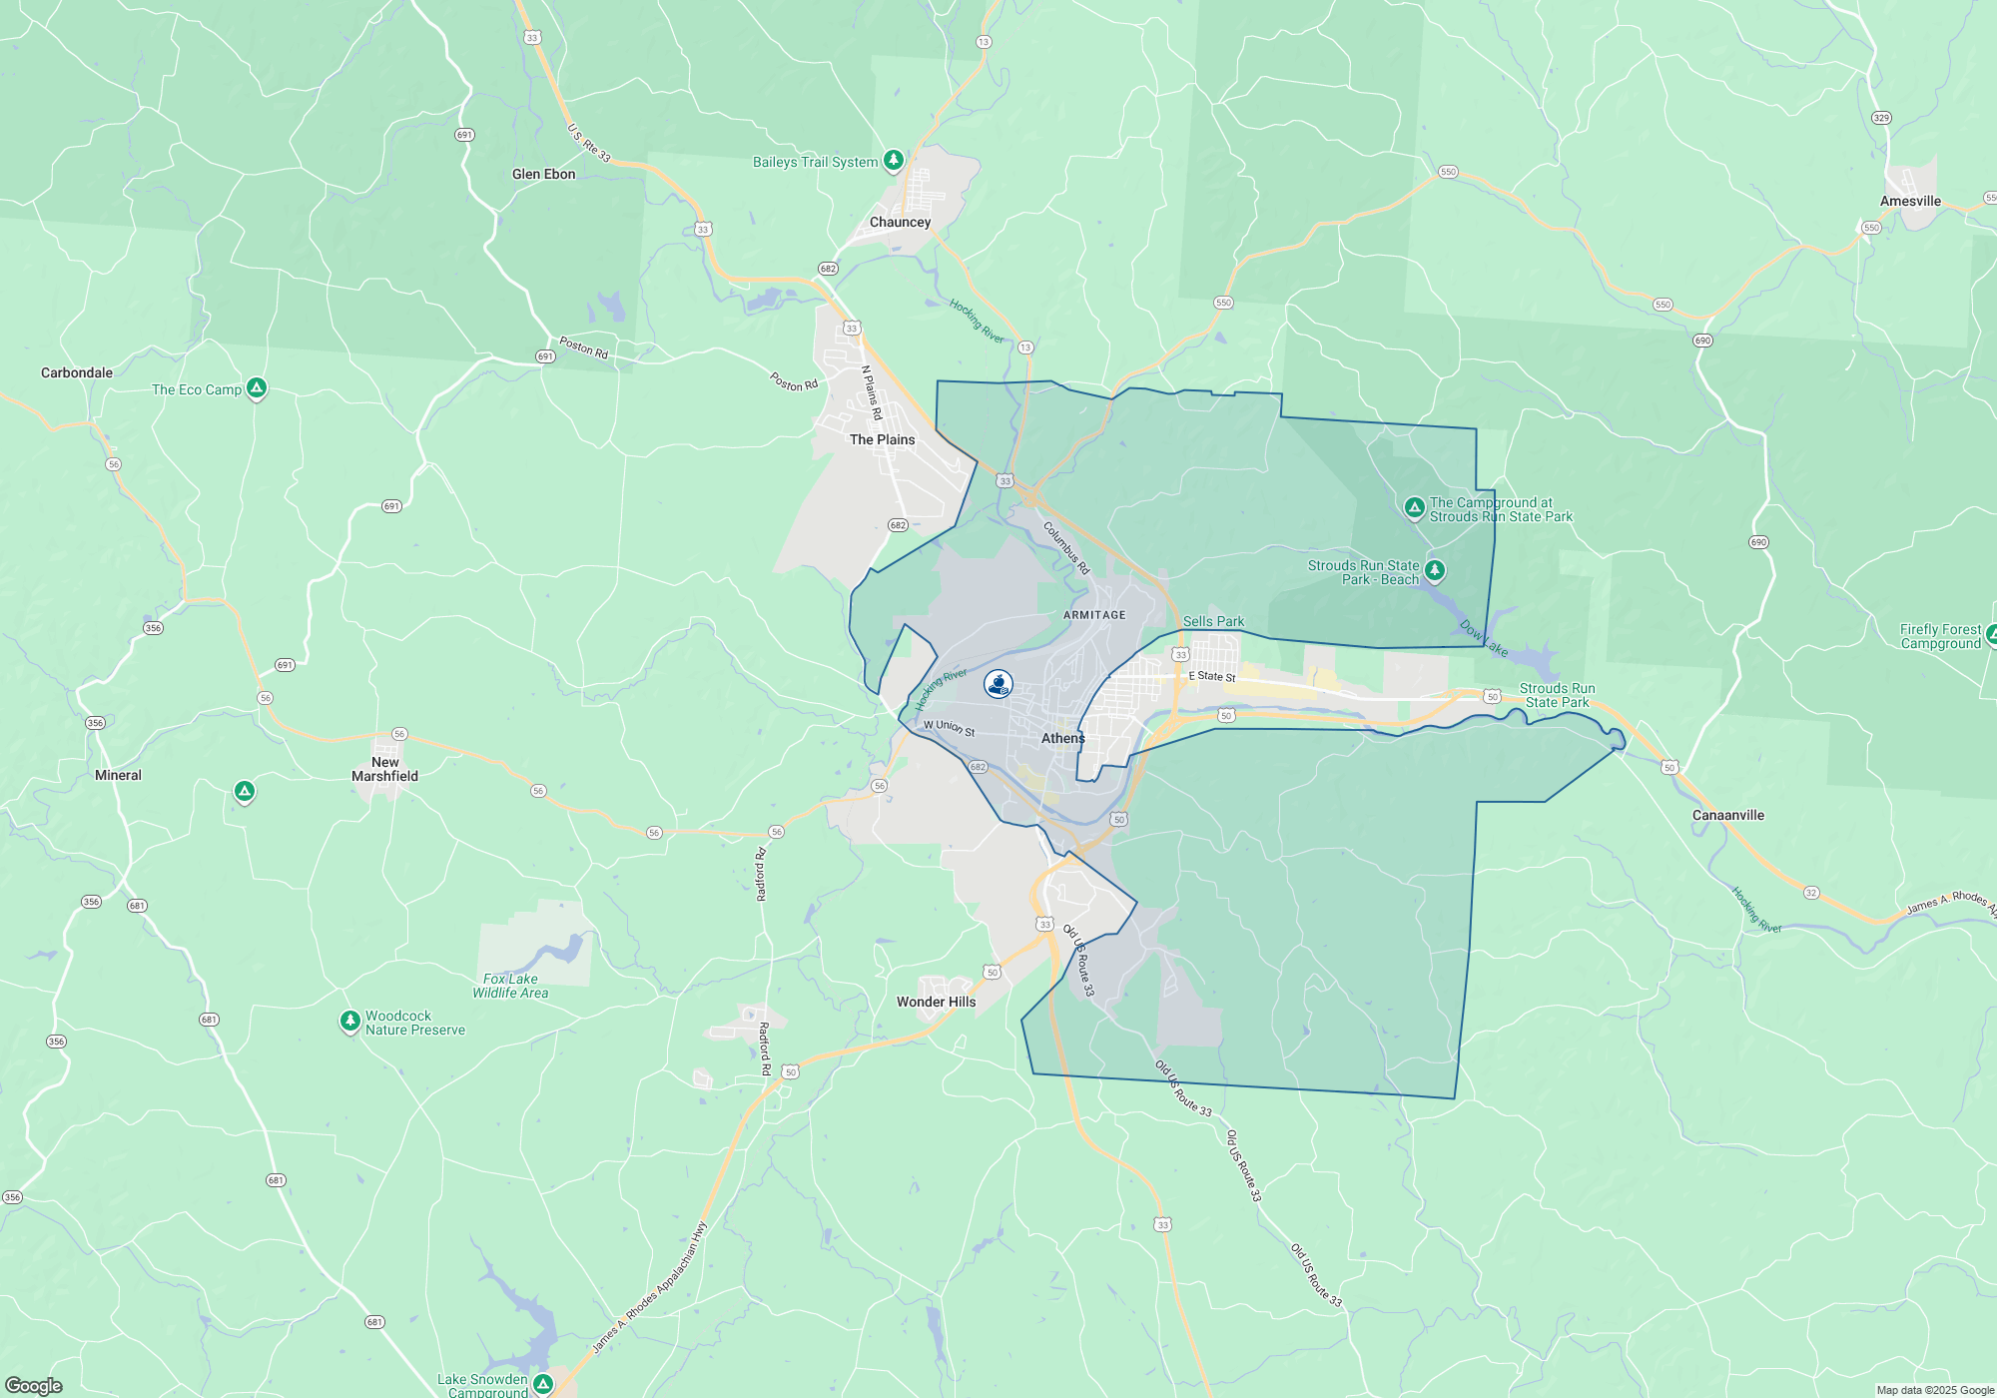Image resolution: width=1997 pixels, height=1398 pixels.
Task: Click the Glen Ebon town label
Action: tap(543, 174)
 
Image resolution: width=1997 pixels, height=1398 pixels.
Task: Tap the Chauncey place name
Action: tap(900, 222)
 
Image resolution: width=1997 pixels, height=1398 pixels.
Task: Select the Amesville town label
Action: tap(1910, 201)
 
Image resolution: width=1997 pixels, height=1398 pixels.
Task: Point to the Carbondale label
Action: tap(77, 372)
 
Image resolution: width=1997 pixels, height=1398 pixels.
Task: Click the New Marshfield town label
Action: tap(384, 769)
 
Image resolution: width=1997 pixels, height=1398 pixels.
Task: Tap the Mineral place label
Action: tap(118, 775)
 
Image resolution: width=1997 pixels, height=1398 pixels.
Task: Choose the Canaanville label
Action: tap(1727, 815)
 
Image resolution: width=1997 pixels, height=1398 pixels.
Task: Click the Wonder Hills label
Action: tap(936, 1002)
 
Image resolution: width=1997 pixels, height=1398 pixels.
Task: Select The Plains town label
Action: tap(882, 439)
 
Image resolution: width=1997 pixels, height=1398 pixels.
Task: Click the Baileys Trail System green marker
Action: tap(894, 160)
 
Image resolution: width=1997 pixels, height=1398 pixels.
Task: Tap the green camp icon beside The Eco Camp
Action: tap(257, 387)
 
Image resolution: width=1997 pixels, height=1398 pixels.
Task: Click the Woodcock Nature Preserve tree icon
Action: tap(349, 1021)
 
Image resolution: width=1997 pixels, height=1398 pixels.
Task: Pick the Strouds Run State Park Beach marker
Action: tap(1435, 569)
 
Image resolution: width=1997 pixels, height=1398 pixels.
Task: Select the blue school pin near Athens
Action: tap(998, 684)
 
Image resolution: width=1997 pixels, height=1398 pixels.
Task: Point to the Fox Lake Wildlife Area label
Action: tap(510, 986)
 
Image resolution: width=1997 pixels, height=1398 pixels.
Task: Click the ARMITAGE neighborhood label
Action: tap(1094, 615)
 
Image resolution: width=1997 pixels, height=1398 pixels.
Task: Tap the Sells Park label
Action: tap(1213, 621)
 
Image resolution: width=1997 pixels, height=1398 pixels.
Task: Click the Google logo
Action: tap(33, 1385)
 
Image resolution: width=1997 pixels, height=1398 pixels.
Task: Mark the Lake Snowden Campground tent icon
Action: tap(543, 1383)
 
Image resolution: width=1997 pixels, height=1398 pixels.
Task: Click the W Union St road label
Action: tap(949, 728)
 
